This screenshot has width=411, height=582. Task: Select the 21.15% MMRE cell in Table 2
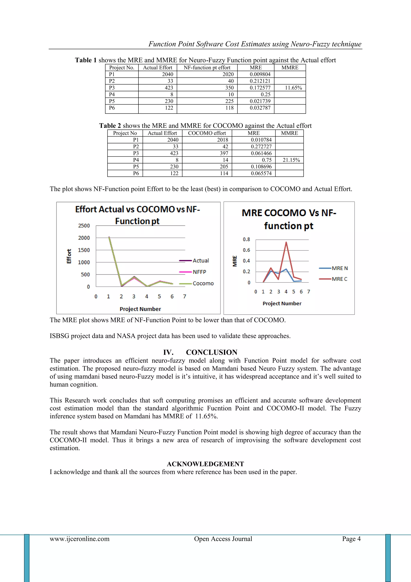click(291, 160)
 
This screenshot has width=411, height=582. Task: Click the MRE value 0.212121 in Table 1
click(260, 81)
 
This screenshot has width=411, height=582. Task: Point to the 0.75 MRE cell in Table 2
click(267, 160)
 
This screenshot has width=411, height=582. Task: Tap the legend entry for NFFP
click(199, 272)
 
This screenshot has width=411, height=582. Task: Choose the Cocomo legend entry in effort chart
click(203, 283)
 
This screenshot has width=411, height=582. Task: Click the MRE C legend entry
click(339, 279)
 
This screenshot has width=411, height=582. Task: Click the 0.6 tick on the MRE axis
click(246, 250)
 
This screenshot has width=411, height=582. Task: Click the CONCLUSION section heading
click(211, 352)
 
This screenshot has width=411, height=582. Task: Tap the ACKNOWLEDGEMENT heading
click(205, 464)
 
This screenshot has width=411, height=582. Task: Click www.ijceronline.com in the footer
click(79, 539)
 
